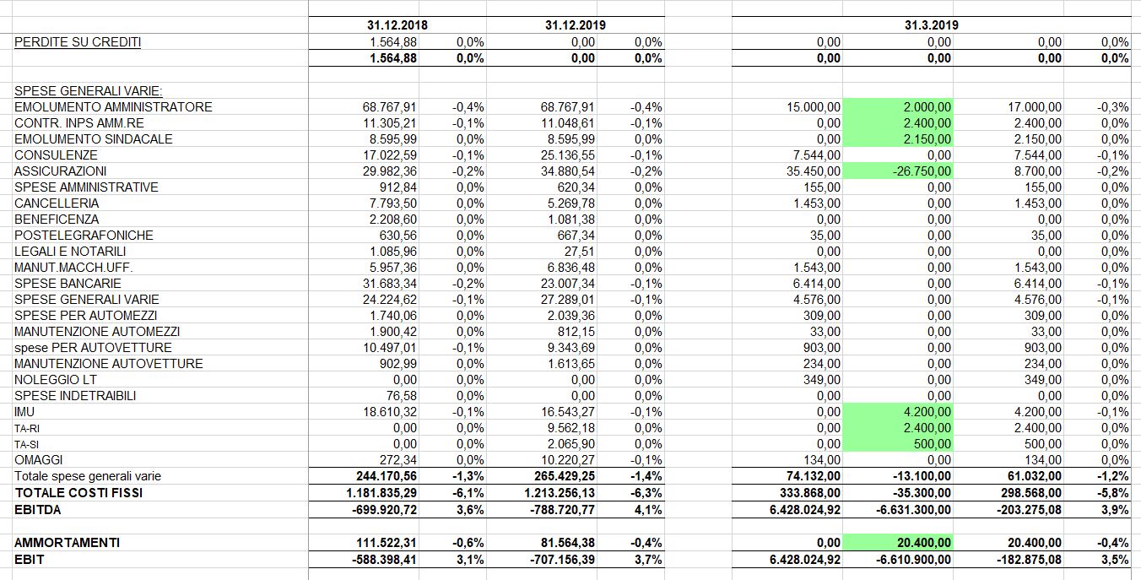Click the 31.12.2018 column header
coord(397,25)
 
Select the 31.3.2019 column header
coord(931,25)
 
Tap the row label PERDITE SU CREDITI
coord(78,42)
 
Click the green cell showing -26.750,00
coord(897,171)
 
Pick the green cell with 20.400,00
coord(897,542)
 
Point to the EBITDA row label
coord(38,510)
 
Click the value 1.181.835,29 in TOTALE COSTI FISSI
coord(381,493)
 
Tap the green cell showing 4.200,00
coord(897,411)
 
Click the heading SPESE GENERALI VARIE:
coord(88,90)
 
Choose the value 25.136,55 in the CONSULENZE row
coord(567,155)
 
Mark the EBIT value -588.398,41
coord(384,559)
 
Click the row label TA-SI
coord(26,444)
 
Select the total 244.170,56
coord(387,476)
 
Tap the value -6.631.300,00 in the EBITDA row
coord(913,510)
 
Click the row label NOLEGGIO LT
coord(56,380)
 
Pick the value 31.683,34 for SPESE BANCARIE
coord(390,284)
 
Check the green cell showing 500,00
coord(897,443)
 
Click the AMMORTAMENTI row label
coord(68,542)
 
